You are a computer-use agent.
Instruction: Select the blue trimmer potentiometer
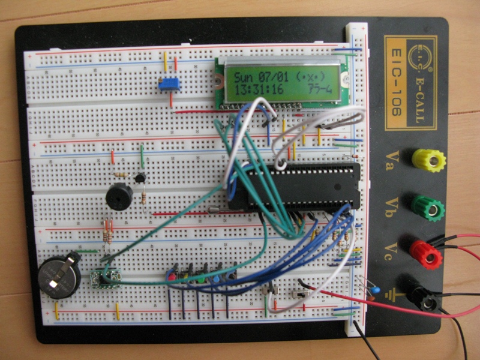[169, 85]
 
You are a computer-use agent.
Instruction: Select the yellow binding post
[428, 160]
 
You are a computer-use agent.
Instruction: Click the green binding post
[428, 208]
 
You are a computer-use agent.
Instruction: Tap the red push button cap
[172, 278]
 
